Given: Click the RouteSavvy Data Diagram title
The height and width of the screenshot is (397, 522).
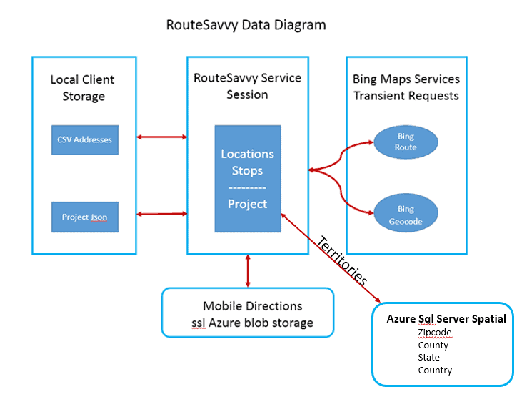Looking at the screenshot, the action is (x=246, y=25).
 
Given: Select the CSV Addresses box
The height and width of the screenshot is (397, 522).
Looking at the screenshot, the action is (x=85, y=139).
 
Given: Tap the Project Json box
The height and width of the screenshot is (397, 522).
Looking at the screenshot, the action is (x=85, y=217).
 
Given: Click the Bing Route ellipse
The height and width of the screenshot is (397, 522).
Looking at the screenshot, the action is (x=406, y=142).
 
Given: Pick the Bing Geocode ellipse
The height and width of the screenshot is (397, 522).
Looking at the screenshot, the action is (x=406, y=213).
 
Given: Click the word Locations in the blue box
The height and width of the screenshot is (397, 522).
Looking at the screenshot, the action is (x=247, y=154).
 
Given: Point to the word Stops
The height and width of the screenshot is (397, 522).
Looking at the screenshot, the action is (x=247, y=171).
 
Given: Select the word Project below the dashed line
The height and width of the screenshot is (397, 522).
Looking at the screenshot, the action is (x=247, y=204).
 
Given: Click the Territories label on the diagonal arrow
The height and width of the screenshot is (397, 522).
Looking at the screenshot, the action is (x=342, y=260).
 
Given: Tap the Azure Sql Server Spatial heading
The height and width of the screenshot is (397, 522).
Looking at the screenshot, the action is (x=446, y=319).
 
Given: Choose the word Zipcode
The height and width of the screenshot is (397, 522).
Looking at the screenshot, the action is (x=435, y=333).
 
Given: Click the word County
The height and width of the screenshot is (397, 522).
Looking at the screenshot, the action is (x=433, y=345).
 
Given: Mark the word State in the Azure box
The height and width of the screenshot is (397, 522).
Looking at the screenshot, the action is (x=428, y=358).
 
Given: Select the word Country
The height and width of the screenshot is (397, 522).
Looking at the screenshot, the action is (x=435, y=370).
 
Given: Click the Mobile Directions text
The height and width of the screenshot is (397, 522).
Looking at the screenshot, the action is (x=253, y=306).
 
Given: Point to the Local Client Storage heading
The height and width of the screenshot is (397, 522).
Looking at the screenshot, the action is (x=83, y=88).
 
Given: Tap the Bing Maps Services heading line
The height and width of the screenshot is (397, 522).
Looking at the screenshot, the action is (x=406, y=79).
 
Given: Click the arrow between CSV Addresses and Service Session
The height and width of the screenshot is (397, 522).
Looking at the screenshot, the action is (x=162, y=137).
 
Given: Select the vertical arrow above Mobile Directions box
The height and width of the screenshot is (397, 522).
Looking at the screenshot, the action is (x=248, y=271).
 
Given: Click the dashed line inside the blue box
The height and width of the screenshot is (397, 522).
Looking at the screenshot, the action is (x=247, y=188).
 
